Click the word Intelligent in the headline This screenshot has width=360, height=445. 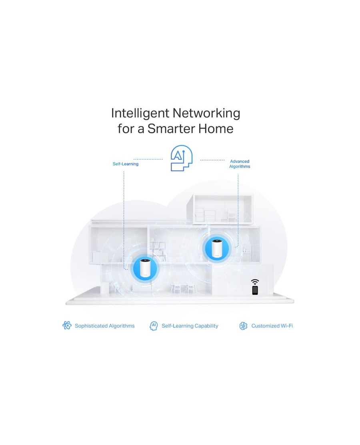[x=140, y=113]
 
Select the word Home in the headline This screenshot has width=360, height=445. [x=216, y=128]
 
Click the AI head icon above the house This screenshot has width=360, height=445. [x=182, y=158]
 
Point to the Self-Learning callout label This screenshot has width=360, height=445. [x=125, y=164]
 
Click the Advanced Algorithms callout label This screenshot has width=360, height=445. [x=240, y=164]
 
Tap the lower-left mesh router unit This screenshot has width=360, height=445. [x=145, y=268]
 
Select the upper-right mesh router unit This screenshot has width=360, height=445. [x=217, y=249]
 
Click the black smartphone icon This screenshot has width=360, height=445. [x=255, y=290]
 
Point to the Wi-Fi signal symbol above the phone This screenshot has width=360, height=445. [x=255, y=282]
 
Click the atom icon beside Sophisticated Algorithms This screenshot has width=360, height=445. [x=67, y=325]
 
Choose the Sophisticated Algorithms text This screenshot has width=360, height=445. [x=105, y=326]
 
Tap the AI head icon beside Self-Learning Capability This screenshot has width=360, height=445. [x=154, y=326]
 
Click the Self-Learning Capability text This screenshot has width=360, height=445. [x=190, y=326]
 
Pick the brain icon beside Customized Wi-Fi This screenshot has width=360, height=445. [x=243, y=326]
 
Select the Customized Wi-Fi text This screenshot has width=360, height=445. [x=272, y=326]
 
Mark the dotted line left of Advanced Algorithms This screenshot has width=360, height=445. [x=212, y=160]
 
